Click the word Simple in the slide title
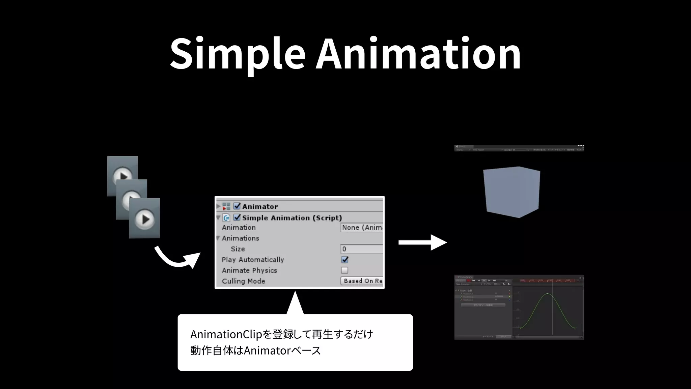coord(237,54)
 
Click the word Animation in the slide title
coord(418,54)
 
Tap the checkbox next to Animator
coord(237,206)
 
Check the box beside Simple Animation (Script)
coord(237,217)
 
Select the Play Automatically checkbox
coord(344,260)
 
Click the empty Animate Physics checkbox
coord(344,270)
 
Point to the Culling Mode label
coord(243,281)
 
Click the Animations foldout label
coord(240,238)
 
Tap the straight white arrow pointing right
coord(422,242)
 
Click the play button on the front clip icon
coord(145,219)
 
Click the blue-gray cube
coord(512,192)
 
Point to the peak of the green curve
coord(548,294)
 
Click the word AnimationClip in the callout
coord(226,334)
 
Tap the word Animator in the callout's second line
coord(267,351)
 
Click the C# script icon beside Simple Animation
coord(226,218)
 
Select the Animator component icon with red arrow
coord(226,206)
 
